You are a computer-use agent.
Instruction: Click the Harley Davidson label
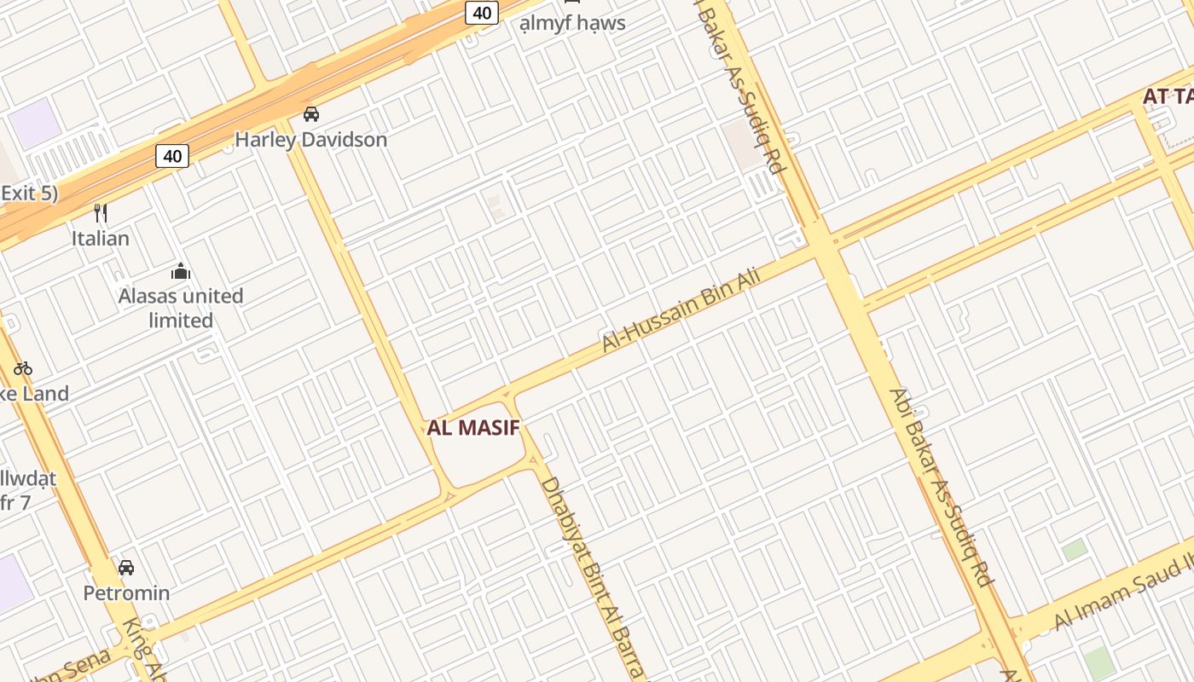[x=310, y=139]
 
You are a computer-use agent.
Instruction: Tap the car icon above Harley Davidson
[x=311, y=113]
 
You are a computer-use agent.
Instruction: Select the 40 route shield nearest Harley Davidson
[x=172, y=156]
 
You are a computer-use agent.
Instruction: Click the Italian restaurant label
[x=101, y=238]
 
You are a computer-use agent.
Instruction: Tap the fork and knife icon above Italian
[x=101, y=212]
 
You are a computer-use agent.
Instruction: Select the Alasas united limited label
[x=181, y=308]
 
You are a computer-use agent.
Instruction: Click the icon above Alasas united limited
[x=181, y=272]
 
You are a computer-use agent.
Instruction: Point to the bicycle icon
[x=23, y=368]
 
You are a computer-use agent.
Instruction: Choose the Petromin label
[x=126, y=592]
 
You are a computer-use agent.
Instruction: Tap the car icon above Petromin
[x=126, y=567]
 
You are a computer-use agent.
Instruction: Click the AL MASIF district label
[x=473, y=428]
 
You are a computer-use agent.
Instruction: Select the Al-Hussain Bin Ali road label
[x=680, y=310]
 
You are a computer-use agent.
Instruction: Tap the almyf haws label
[x=572, y=23]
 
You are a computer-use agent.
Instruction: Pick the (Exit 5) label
[x=29, y=193]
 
